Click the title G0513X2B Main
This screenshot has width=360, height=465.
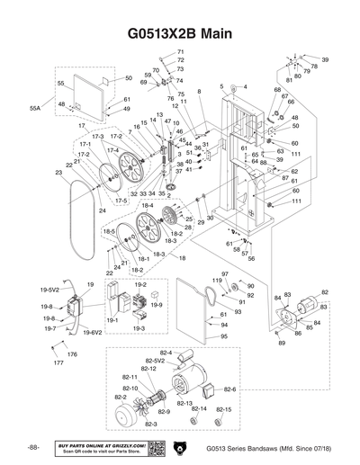pos(180,34)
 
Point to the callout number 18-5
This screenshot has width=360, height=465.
pos(109,231)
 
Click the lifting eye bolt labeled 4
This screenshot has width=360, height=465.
pos(232,88)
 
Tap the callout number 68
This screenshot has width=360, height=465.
pos(277,90)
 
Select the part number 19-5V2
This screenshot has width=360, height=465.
pos(49,291)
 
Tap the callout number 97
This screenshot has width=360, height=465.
pos(224,273)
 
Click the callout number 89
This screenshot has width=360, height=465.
pos(281,343)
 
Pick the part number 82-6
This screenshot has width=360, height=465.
pos(229,389)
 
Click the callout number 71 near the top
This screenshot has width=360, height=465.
pos(180,52)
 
